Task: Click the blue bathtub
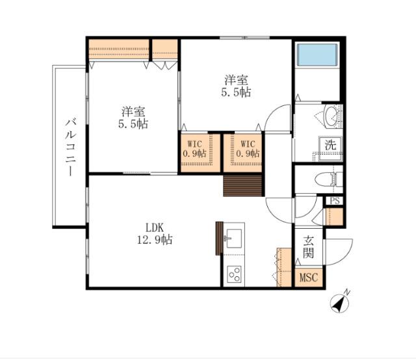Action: tap(317, 55)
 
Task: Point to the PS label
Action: tap(335, 201)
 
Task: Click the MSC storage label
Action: tap(309, 277)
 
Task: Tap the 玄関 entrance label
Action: tap(309, 247)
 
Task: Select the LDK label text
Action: tap(155, 227)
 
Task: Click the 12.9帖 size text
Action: tap(155, 240)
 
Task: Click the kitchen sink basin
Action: tap(234, 238)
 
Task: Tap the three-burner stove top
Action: tap(234, 274)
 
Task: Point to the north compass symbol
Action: tap(340, 302)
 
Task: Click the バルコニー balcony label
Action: tap(71, 148)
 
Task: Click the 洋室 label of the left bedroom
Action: tap(133, 112)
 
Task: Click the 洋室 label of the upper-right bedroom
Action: tap(237, 80)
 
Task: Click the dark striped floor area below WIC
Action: tap(242, 185)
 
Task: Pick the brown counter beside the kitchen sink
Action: tap(219, 238)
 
